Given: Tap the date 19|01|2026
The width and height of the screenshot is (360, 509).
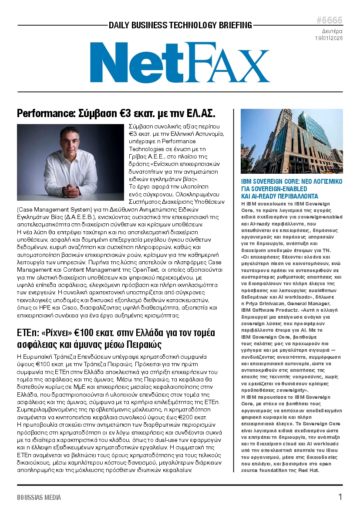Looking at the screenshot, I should [x=329, y=38].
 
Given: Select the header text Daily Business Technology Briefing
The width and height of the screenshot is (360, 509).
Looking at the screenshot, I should [x=180, y=25].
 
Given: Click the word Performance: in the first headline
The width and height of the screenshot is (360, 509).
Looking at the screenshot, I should [x=45, y=114].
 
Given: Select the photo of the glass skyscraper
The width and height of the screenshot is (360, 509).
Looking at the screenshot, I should [x=291, y=141].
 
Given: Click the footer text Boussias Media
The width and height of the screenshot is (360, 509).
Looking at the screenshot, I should [x=39, y=497].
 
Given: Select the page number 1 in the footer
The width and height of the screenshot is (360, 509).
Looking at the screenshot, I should [x=340, y=497].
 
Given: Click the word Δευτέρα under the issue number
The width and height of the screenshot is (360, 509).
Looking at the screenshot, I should [x=332, y=31].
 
